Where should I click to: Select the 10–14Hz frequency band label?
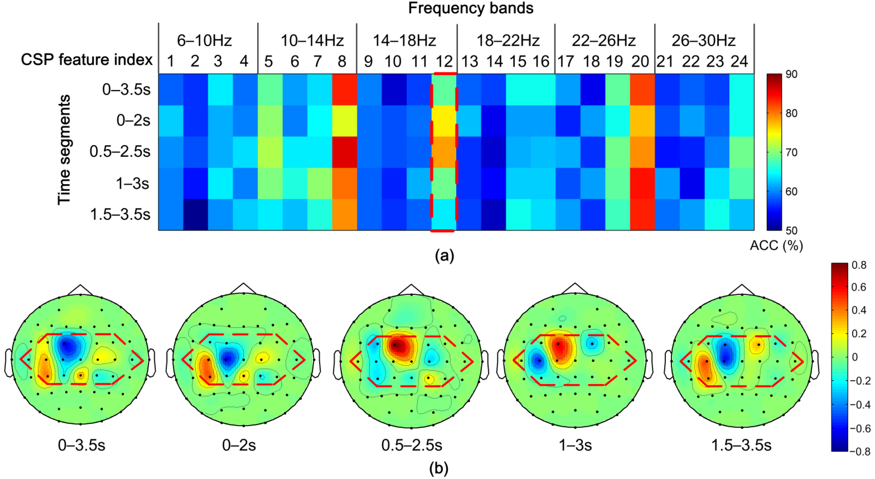(312, 41)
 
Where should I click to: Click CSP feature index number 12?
(444, 61)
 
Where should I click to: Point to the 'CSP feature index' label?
(87, 60)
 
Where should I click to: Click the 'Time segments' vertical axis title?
(64, 150)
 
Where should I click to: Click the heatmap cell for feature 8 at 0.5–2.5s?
(344, 152)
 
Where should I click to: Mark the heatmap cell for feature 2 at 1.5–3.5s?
(196, 214)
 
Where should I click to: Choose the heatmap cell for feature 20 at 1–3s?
(642, 183)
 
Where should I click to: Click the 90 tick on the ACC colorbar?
(791, 74)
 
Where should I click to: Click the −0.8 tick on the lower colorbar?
(860, 451)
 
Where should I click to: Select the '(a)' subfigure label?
(444, 256)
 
